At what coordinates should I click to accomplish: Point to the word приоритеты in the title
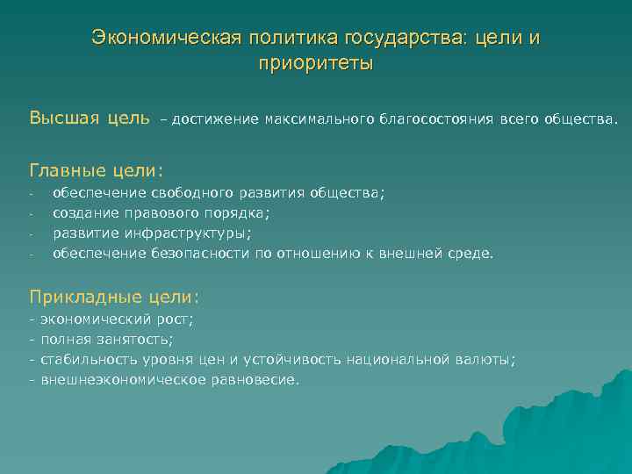(x=316, y=64)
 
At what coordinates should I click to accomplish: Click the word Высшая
(x=64, y=118)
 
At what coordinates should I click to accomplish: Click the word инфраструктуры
(x=187, y=233)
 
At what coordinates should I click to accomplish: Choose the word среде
(x=471, y=255)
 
